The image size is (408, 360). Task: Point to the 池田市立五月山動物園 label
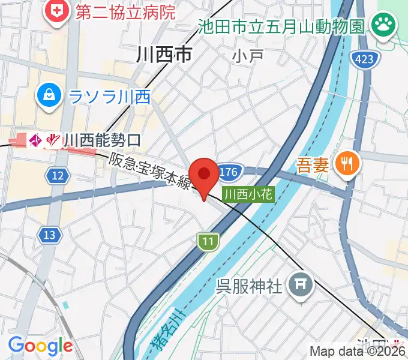[x=281, y=26]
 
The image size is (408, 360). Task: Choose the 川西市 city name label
[x=164, y=56]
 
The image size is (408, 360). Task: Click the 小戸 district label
[x=247, y=56]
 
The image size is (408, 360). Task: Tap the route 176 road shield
[x=229, y=173]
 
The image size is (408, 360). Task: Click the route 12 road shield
[x=57, y=176]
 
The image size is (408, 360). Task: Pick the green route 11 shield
[x=207, y=241]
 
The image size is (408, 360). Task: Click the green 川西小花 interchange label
[x=248, y=194]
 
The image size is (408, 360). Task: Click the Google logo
[x=41, y=346]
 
